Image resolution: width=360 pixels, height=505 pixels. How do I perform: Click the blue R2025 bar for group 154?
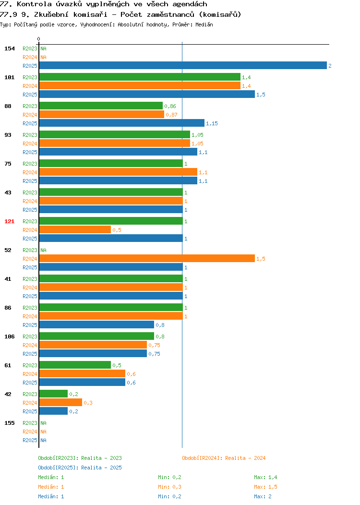[x=183, y=65]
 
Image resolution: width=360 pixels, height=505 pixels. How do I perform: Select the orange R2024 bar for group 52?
[x=147, y=258]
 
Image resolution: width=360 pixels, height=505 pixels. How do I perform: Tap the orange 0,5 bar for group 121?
[x=75, y=229]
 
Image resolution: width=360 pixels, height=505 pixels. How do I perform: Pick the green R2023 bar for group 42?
[x=53, y=394]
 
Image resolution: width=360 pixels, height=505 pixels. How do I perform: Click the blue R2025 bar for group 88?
[x=122, y=123]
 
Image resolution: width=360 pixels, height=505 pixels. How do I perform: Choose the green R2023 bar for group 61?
[x=75, y=365]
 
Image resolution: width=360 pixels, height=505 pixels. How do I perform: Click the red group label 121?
[x=9, y=221]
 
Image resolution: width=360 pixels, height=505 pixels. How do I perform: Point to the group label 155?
[x=9, y=423]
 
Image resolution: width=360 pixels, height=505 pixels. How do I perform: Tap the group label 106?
[x=9, y=337]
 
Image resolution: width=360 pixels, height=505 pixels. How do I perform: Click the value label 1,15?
[x=212, y=123]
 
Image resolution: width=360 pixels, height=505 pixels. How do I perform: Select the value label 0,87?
[x=171, y=115]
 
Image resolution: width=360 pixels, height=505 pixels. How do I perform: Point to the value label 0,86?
[x=170, y=106]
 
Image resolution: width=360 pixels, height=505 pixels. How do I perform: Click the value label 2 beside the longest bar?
[x=330, y=66]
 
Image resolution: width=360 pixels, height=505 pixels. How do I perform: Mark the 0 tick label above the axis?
[x=39, y=39]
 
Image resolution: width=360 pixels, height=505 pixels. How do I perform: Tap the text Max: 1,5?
[x=265, y=487]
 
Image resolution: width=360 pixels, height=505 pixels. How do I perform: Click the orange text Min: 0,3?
[x=169, y=487]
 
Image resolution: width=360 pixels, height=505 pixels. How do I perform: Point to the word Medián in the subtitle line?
[x=204, y=24]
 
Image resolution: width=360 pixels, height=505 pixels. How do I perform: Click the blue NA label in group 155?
[x=44, y=440]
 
